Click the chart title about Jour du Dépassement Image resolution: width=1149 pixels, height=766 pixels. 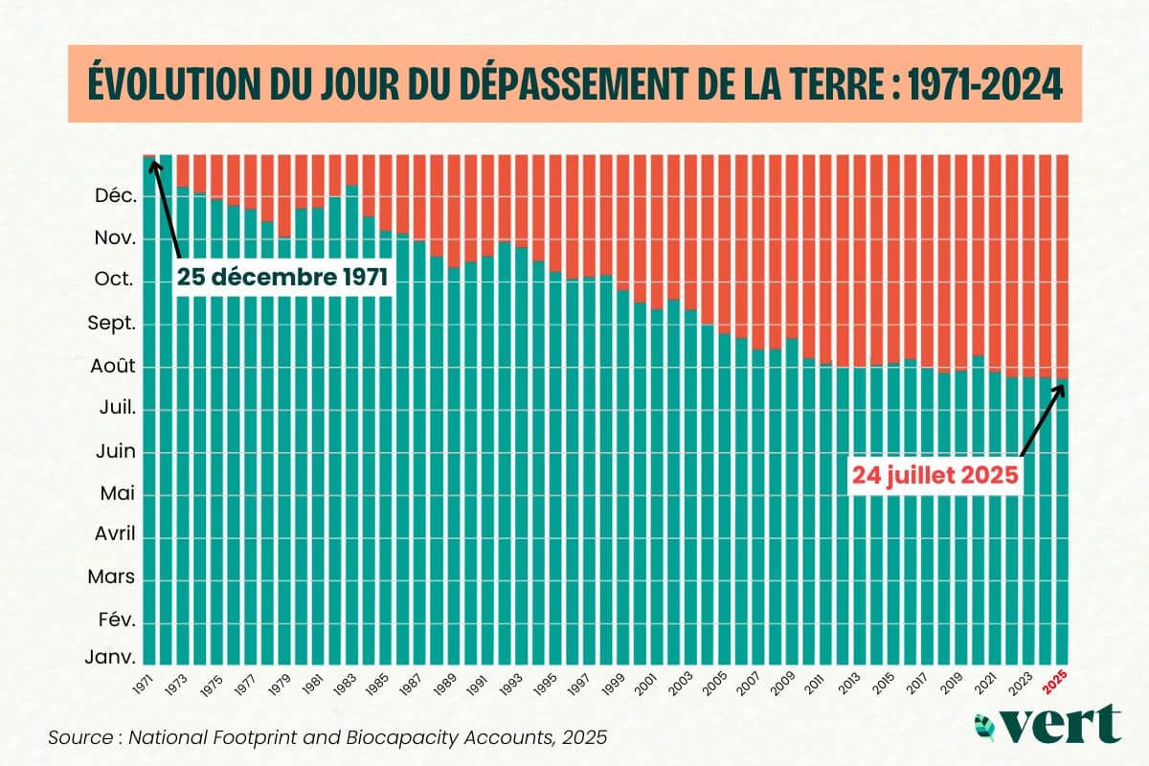point(574,84)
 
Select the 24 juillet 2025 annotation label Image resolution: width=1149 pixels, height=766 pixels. point(934,475)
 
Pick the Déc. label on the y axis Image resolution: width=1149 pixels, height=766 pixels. point(117,196)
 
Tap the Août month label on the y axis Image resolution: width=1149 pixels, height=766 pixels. point(114,366)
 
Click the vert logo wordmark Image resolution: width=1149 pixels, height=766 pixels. point(1063,723)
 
